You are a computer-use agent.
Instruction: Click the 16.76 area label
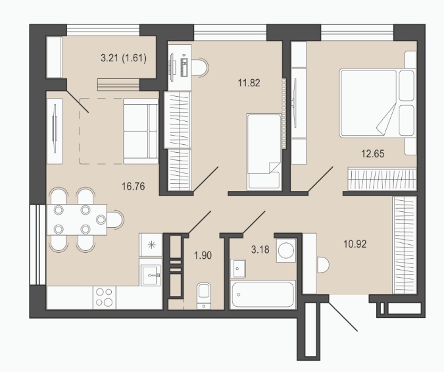coord(133,186)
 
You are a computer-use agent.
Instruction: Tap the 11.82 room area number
coord(249,83)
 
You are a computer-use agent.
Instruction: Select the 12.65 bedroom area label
coord(373,153)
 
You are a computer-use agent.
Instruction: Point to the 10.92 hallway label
coord(355,244)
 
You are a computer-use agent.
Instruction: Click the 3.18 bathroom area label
coord(260,250)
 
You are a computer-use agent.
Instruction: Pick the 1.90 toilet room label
coord(203,255)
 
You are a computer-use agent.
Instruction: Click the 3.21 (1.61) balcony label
coord(124,58)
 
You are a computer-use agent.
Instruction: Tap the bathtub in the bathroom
coord(262,294)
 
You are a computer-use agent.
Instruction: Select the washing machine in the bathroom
coord(286,250)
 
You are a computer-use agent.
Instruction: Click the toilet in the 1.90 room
coord(204,296)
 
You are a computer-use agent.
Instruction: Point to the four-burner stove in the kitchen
coord(104,297)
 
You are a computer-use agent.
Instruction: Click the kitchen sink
coord(151,275)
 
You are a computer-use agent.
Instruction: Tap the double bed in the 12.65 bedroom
coord(378,103)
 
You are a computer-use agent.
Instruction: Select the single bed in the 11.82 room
coord(264,151)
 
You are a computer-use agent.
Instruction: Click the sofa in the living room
coord(141,131)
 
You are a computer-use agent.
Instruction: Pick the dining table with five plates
coord(77,219)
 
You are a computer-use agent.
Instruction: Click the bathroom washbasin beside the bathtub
coord(238,268)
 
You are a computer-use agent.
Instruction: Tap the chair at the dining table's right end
coord(115,219)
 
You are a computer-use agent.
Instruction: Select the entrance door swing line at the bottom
coord(342,316)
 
